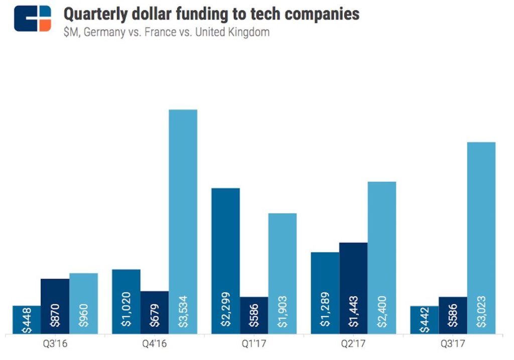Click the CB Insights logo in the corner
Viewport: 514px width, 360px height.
33,19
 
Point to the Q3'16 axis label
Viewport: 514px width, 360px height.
55,345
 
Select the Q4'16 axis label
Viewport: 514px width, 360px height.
155,345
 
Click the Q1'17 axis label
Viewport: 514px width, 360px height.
254,345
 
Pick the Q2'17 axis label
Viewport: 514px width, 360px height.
353,345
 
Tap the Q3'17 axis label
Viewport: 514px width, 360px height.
453,345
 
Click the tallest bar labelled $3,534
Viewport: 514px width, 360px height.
183,221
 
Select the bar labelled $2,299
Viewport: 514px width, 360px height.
225,261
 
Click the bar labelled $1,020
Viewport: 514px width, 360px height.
126,301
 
